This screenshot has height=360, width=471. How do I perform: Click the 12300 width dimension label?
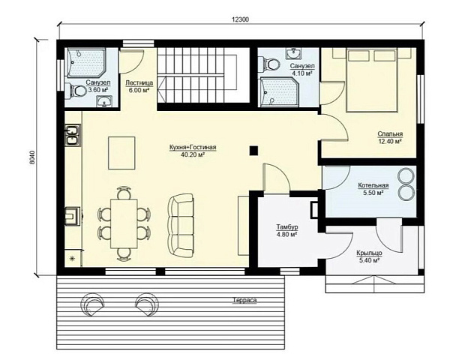point(240,19)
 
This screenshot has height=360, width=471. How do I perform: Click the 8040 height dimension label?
point(32,157)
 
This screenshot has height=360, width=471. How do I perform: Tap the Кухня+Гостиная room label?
point(193,148)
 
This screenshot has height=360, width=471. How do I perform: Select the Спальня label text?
point(390,134)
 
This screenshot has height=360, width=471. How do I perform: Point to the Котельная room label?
point(373,185)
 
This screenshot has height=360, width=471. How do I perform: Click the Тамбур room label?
point(287,227)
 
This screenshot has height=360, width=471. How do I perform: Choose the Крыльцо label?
point(369,253)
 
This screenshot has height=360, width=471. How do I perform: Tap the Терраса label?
point(244,300)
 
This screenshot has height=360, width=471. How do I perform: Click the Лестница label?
point(139,82)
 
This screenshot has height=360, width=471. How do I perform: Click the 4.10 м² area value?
point(302,73)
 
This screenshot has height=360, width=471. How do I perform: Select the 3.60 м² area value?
point(98,89)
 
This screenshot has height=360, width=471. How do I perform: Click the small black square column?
point(253,150)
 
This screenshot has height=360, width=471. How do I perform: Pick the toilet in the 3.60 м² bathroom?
point(76,91)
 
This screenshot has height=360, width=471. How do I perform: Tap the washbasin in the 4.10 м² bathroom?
point(294,53)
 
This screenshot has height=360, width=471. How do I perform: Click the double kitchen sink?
point(73,135)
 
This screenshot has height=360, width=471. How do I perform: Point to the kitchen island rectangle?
point(121,153)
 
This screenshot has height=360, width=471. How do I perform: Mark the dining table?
point(124,223)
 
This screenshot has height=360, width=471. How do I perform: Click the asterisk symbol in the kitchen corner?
point(72,258)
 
